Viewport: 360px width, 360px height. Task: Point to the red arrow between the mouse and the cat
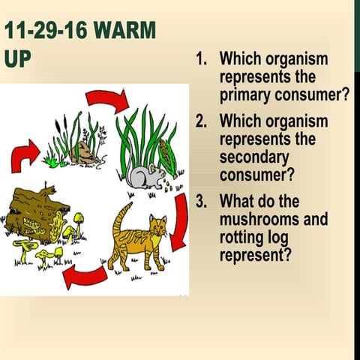178,220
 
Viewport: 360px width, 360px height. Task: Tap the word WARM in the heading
127,31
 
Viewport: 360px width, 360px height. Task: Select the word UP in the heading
17,58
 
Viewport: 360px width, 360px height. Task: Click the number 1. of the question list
202,59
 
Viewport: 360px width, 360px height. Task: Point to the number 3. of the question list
202,201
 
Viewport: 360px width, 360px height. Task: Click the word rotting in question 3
244,238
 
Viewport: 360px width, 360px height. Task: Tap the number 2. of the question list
202,121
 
